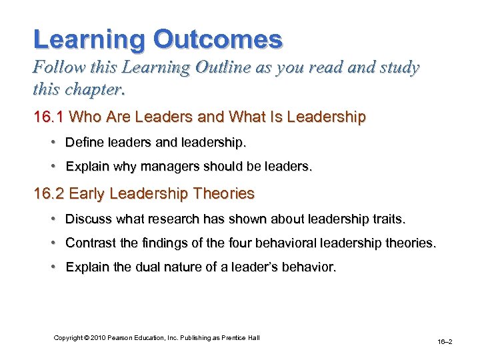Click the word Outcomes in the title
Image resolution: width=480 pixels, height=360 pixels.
coord(218,39)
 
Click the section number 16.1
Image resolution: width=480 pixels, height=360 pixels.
coord(49,117)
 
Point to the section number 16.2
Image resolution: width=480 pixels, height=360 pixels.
coord(49,193)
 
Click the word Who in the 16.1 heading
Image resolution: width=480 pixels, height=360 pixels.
coord(85,117)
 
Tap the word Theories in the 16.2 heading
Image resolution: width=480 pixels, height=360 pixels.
coord(223,193)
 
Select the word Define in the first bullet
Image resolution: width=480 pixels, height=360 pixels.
coord(83,143)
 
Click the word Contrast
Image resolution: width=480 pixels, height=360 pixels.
coord(89,244)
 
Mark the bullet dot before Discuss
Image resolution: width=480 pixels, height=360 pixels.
coord(53,219)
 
